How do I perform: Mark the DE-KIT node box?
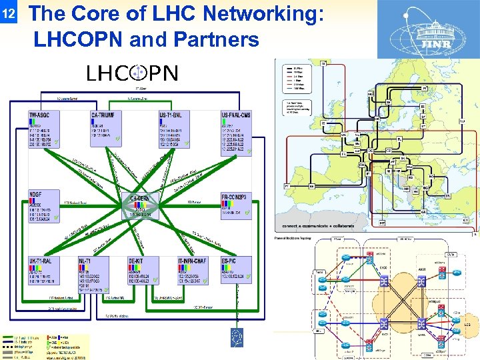click(142, 269)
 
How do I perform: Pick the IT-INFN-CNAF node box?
click(193, 269)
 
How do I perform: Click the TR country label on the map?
click(447, 196)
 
